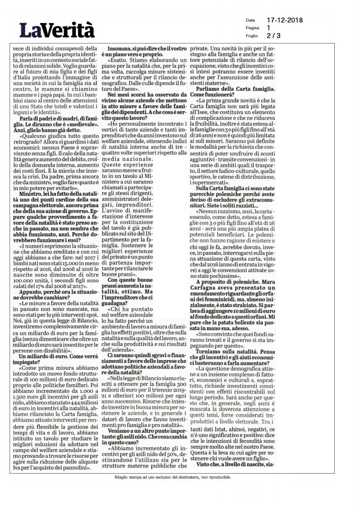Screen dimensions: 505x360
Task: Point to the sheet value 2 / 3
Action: coord(274,36)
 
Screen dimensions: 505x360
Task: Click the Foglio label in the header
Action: coord(251,36)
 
